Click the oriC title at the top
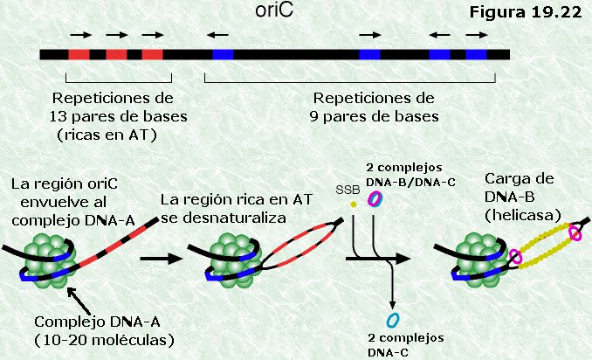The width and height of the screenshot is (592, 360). point(274,10)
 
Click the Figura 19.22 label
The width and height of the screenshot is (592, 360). point(525,12)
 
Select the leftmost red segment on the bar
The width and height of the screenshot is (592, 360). point(79,54)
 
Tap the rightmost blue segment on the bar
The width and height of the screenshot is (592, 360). point(476,54)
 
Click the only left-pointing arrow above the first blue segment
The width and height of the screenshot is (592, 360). point(217,35)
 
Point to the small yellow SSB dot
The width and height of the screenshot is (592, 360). point(354,204)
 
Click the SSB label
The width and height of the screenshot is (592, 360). point(348,190)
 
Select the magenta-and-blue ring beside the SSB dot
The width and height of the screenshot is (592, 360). point(375,198)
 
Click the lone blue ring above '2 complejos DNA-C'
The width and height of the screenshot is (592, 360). point(393,320)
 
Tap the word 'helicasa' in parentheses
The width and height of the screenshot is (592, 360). point(522,215)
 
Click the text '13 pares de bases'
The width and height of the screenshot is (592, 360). point(119,116)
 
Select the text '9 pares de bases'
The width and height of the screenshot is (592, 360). point(375,116)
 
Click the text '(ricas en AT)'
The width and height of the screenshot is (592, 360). point(107,135)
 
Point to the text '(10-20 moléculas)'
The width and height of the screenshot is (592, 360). point(104,341)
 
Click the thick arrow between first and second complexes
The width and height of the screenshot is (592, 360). point(162,259)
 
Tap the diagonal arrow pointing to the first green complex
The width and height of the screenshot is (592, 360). point(79,301)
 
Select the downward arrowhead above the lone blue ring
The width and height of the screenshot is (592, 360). point(393,305)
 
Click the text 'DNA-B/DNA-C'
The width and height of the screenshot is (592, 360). point(410,183)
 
